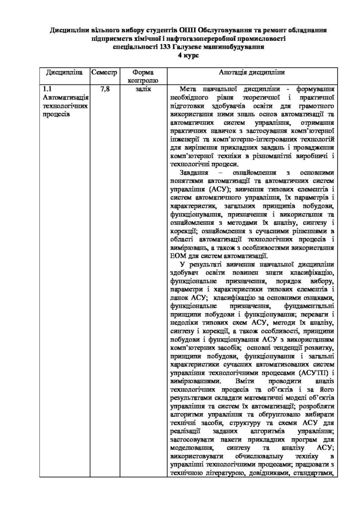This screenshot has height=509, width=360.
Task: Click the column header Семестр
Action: click(x=104, y=72)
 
